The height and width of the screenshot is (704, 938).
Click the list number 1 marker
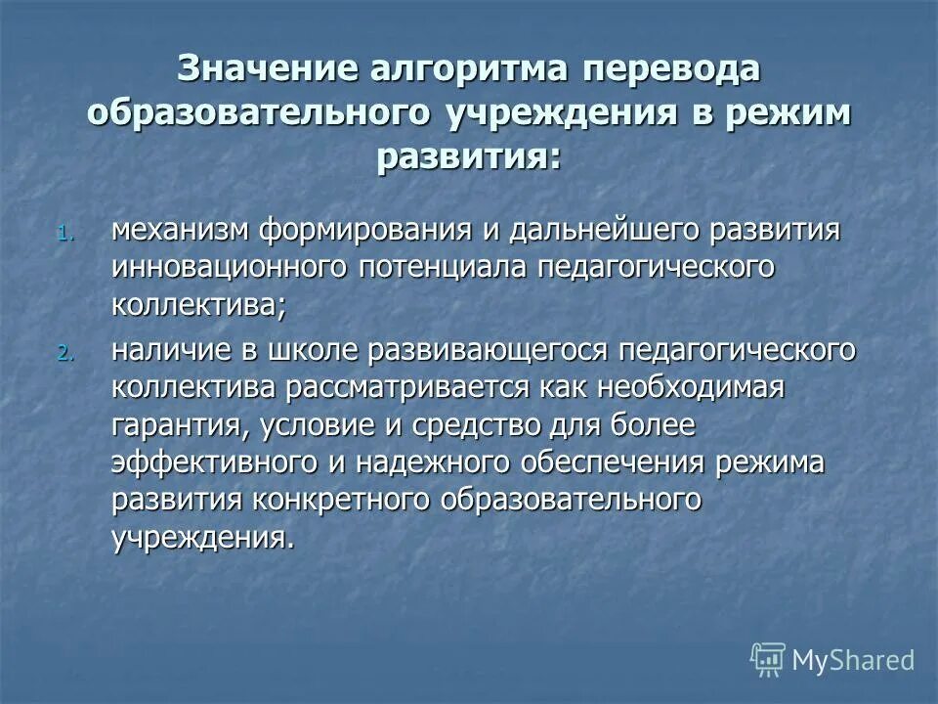64,234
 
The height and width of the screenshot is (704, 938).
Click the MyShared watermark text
852,659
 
